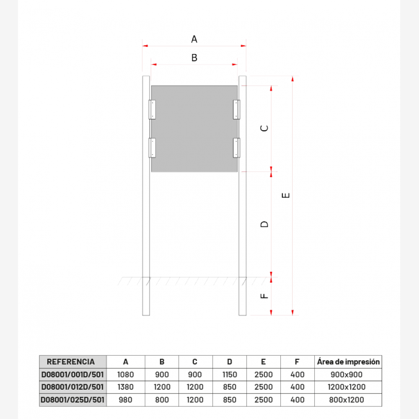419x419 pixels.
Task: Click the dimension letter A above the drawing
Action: point(194,39)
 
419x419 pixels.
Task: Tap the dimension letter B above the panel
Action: point(194,58)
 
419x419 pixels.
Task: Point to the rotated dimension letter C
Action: point(264,128)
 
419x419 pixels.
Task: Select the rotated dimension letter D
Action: point(264,224)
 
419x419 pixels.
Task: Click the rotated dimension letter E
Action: point(286,195)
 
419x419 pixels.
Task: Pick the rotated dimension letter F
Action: point(264,296)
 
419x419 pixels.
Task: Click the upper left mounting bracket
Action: point(152,109)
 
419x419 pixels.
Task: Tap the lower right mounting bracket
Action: point(236,148)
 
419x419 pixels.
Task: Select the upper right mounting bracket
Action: point(236,109)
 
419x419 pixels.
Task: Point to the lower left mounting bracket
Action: point(152,148)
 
